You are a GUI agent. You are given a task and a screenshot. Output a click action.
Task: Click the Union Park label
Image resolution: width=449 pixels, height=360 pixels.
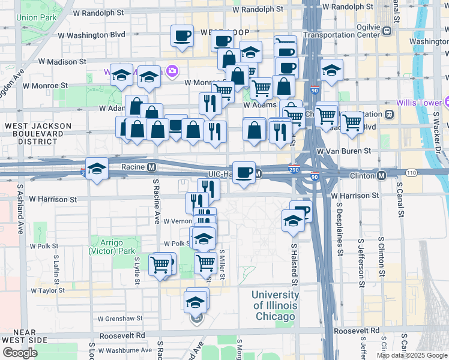[37, 17]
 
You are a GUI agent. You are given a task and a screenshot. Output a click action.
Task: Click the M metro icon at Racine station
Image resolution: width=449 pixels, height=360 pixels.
[152, 166]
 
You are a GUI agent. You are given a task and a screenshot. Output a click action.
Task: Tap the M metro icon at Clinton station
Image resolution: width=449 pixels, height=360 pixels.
[382, 175]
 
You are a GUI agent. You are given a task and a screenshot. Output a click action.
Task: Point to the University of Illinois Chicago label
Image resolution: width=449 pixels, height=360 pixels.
[276, 305]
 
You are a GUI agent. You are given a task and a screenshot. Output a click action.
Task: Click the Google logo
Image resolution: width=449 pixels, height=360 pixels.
[20, 353]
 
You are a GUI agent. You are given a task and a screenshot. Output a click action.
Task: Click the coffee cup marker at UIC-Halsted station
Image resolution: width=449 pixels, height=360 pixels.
[244, 173]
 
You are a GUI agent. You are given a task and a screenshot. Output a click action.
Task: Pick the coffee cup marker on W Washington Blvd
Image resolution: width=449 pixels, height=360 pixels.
[182, 35]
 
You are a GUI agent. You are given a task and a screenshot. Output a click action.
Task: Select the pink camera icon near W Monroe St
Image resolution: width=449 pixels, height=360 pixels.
[172, 72]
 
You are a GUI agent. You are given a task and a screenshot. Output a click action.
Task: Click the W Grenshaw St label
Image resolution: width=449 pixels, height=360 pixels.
[122, 319]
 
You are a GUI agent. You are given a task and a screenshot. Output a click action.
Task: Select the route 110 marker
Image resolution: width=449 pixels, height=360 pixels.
[411, 173]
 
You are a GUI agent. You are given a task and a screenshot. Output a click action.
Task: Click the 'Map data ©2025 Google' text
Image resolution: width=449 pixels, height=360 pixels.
[412, 355]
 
